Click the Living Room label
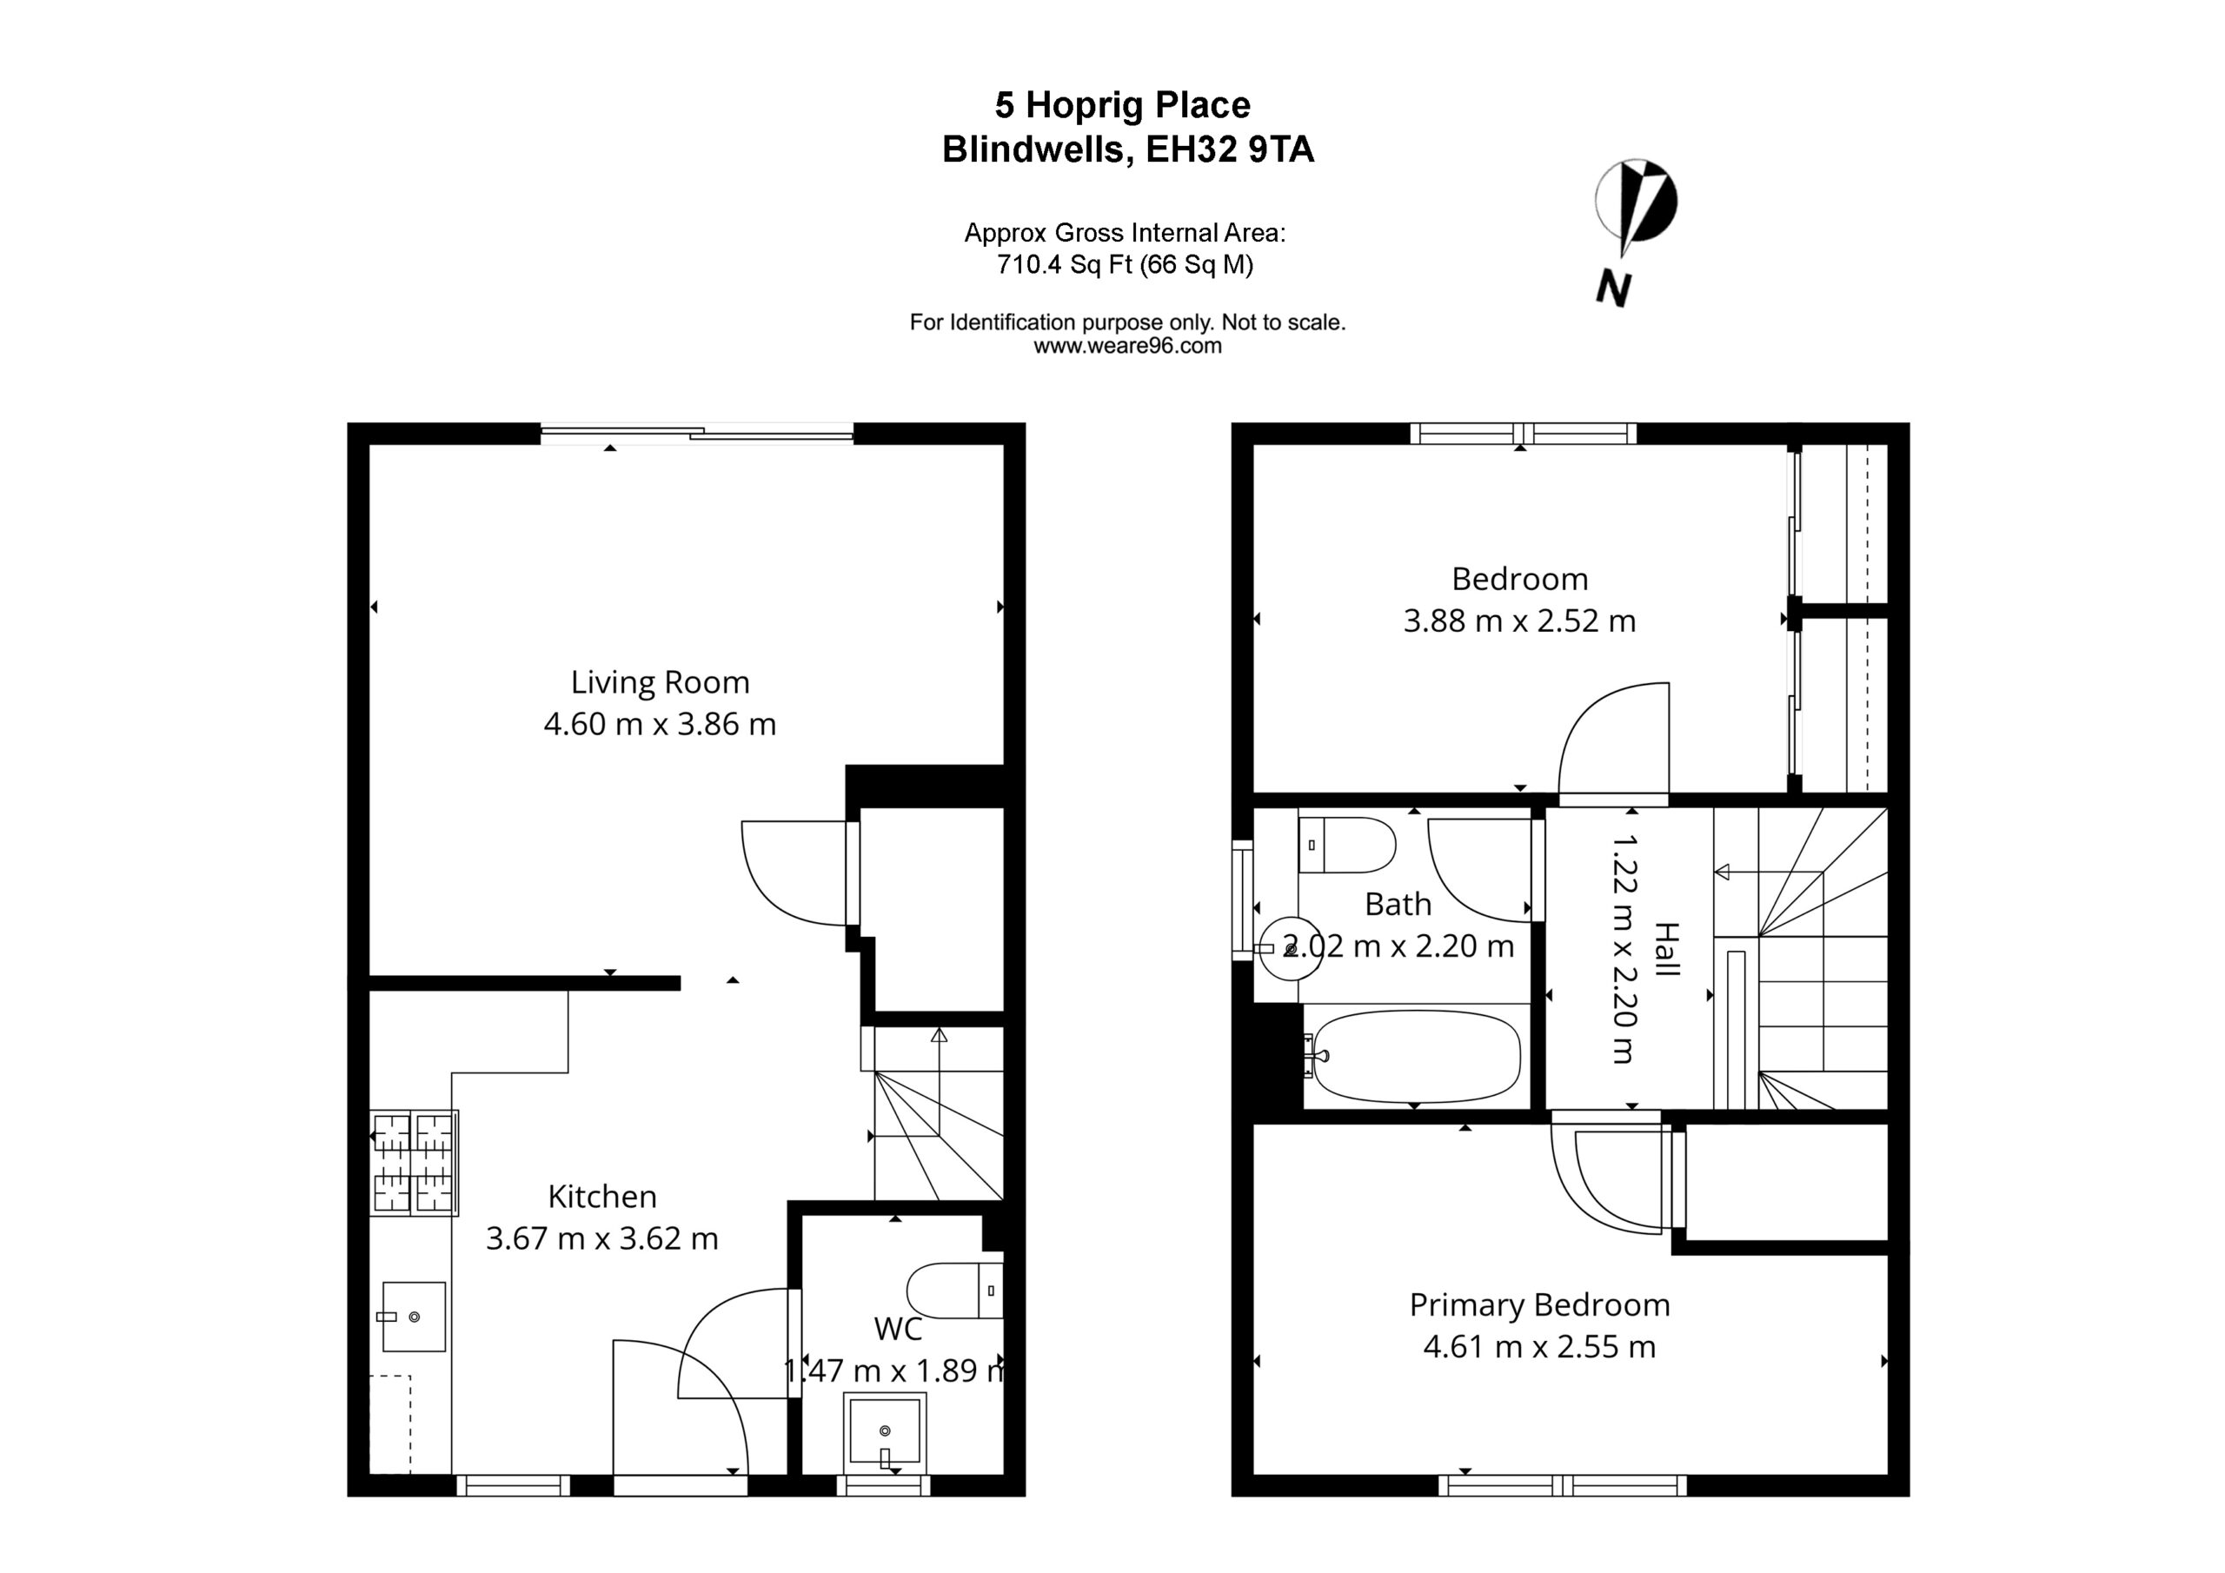click(x=660, y=683)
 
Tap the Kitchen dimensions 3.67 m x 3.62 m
click(x=601, y=1238)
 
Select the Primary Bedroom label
click(x=1540, y=1305)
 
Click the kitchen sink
click(x=414, y=1316)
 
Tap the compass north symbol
click(x=1637, y=202)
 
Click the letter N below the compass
click(x=1613, y=288)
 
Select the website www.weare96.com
click(x=1127, y=346)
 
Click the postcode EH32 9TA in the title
click(x=1230, y=149)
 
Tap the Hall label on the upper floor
click(x=1666, y=949)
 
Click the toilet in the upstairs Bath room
click(x=1347, y=844)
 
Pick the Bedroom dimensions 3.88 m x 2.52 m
click(x=1519, y=621)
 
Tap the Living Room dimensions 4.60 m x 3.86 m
click(x=660, y=724)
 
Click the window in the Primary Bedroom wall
click(x=1562, y=1485)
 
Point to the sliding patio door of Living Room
click(x=697, y=434)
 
